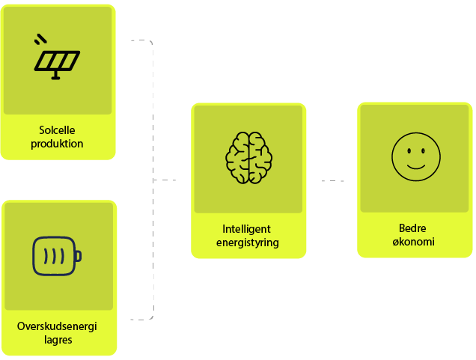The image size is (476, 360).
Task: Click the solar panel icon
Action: click(x=57, y=59)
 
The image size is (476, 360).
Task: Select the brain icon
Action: click(x=248, y=158)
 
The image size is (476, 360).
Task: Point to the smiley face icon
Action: click(x=415, y=157)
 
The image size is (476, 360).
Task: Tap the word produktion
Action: click(x=57, y=143)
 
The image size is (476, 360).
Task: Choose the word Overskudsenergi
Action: click(x=57, y=326)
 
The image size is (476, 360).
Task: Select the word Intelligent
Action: click(x=246, y=228)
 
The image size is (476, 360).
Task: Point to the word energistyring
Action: click(x=246, y=242)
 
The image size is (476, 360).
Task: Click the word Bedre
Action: click(x=415, y=228)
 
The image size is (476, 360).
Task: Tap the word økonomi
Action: click(x=415, y=242)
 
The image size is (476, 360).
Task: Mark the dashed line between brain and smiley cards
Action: click(x=333, y=180)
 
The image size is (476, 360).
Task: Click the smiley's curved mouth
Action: click(x=415, y=165)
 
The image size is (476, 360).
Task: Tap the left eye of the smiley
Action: click(x=409, y=150)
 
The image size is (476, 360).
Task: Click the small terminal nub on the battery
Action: click(x=78, y=257)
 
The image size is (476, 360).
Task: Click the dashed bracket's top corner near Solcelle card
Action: click(x=150, y=43)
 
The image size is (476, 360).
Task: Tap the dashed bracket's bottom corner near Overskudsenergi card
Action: click(x=150, y=317)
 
